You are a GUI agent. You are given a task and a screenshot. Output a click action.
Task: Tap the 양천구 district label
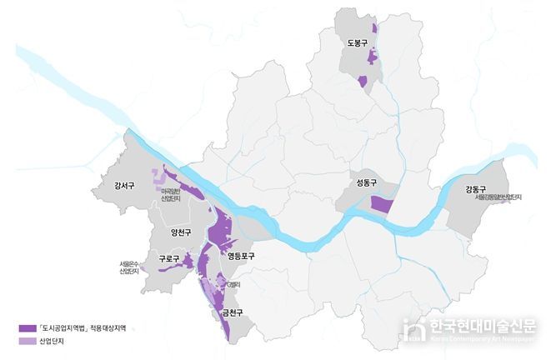(x=181, y=233)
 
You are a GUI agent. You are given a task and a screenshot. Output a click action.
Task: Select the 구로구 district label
(x=168, y=259)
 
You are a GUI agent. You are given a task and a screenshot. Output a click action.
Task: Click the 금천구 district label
(x=232, y=313)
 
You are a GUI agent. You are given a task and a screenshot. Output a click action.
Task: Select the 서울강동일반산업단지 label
(x=498, y=197)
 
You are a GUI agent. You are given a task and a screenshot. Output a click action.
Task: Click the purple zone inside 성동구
(x=382, y=205)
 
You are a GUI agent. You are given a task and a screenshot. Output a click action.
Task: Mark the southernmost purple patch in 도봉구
(x=362, y=82)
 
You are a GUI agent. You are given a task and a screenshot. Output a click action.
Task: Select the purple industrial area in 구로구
(x=188, y=262)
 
